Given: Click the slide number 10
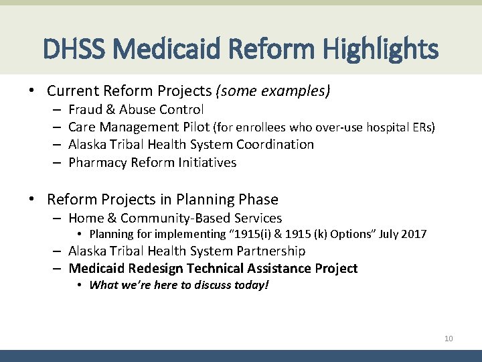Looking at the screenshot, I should point(449,339).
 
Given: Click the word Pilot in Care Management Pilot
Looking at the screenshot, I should point(193,127).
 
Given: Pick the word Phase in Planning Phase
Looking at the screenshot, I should point(258,200).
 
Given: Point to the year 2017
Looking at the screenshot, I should point(413,234).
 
